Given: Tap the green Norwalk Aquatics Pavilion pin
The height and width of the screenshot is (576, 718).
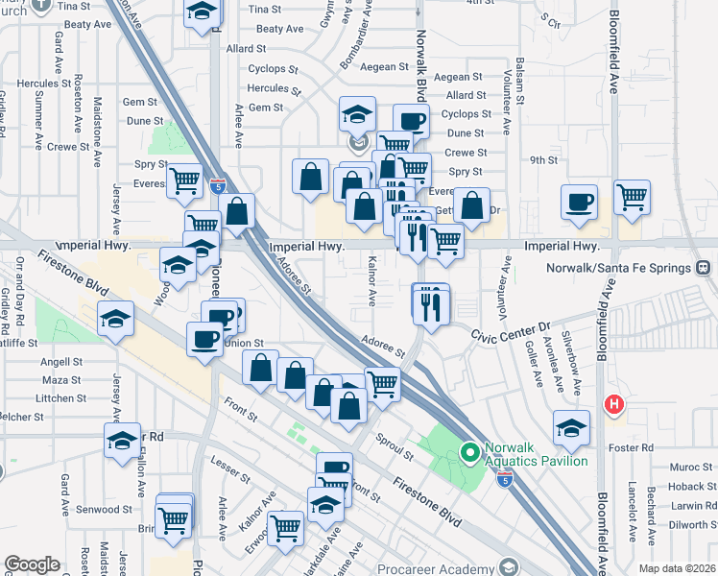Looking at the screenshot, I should tap(469, 450).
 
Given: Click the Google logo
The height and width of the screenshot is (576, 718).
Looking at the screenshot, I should tap(33, 564).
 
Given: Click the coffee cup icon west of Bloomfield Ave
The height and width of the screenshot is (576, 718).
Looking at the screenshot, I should tap(580, 203).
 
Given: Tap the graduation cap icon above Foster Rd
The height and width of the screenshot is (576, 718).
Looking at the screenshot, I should tap(571, 427).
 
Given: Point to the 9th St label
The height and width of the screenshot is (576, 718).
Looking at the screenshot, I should tap(543, 160).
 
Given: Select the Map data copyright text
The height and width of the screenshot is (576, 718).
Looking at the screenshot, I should tap(677, 567).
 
